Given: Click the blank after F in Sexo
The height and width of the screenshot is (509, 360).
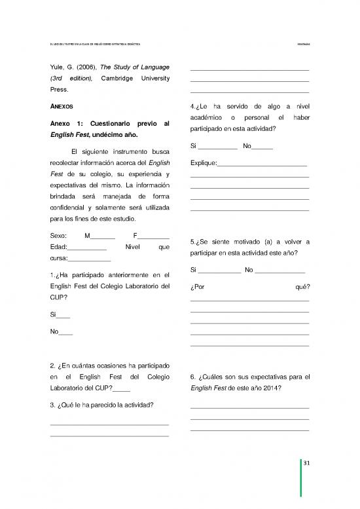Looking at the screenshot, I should pos(153,236).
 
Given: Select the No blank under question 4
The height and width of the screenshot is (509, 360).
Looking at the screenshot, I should pos(262,146).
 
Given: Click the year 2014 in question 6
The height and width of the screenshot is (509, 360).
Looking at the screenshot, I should pos(272,388).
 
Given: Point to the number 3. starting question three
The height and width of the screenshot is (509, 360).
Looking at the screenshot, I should pos(52,404).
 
